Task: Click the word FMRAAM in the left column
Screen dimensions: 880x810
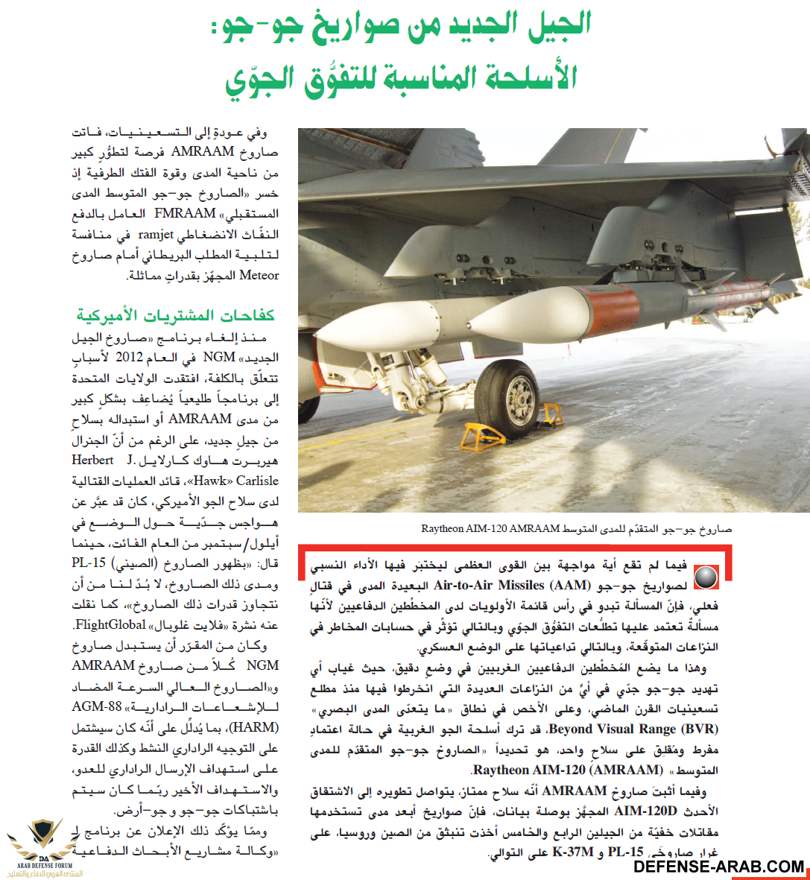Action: pos(186,213)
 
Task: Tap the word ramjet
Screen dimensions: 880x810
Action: pos(156,234)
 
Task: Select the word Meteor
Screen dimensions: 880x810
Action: pos(259,275)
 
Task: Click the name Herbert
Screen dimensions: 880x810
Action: pos(92,460)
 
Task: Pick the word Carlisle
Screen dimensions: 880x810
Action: pos(257,481)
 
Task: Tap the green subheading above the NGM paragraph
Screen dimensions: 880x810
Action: pos(176,315)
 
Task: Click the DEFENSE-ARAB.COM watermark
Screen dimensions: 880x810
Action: pos(719,867)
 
